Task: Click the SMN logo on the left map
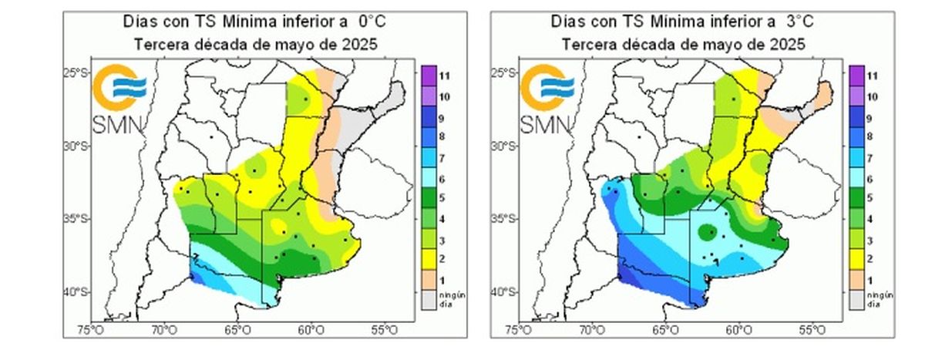(x=118, y=99)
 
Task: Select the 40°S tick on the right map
(x=506, y=292)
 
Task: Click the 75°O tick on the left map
(x=91, y=330)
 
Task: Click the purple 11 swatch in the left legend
(x=428, y=76)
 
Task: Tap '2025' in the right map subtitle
(x=790, y=45)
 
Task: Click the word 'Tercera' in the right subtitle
(x=587, y=45)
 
